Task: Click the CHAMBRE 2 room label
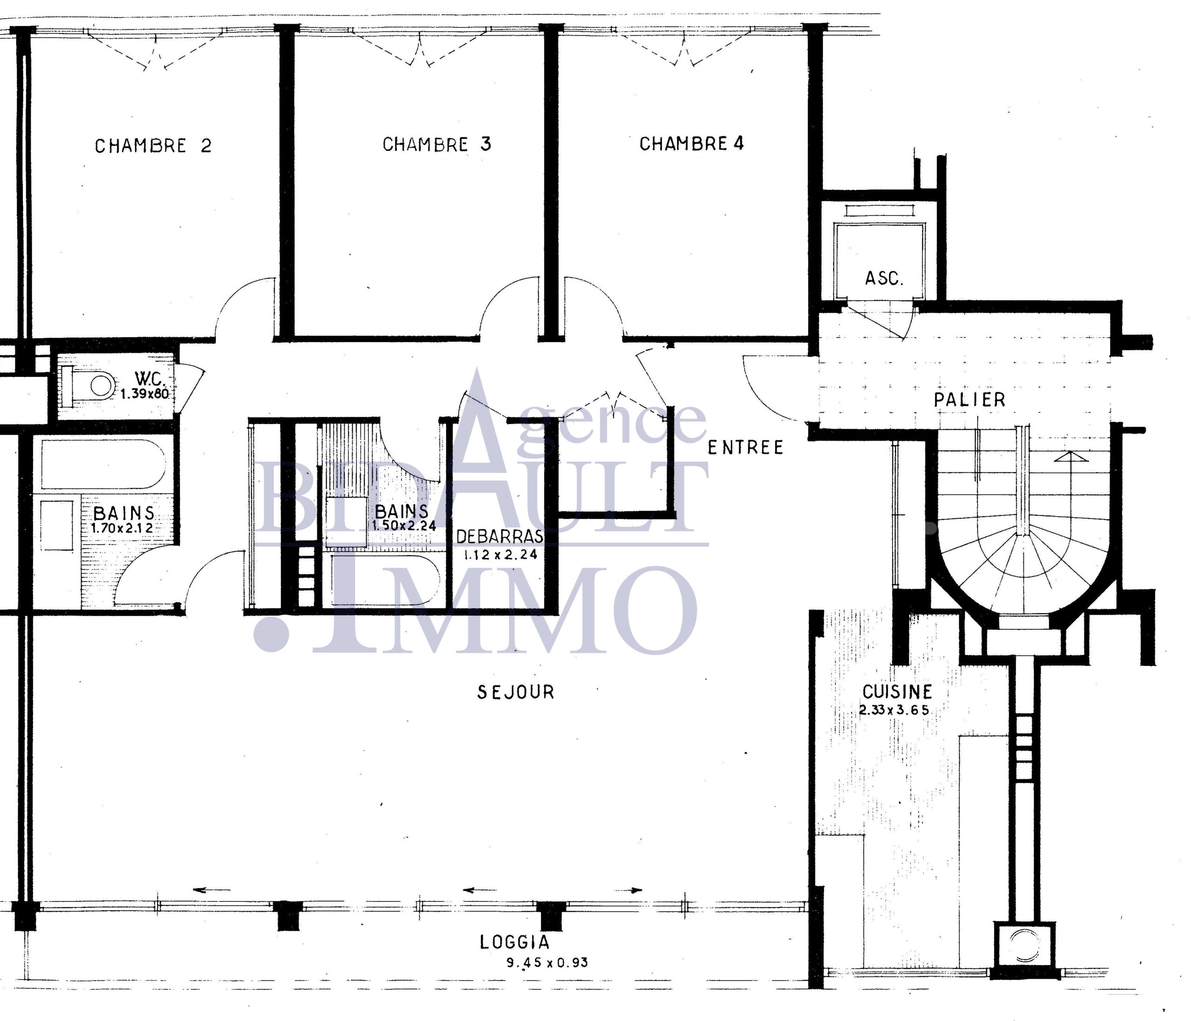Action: (x=153, y=146)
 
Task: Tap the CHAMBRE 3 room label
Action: (x=437, y=144)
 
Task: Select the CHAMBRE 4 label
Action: (x=691, y=143)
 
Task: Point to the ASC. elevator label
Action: (x=884, y=279)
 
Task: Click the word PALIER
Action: (x=970, y=400)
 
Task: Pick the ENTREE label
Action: (x=745, y=447)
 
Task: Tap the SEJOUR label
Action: (x=515, y=692)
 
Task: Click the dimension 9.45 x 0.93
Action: (x=547, y=962)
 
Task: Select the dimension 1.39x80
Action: (x=144, y=394)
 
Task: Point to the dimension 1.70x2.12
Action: (x=122, y=528)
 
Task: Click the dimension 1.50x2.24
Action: (x=403, y=525)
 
